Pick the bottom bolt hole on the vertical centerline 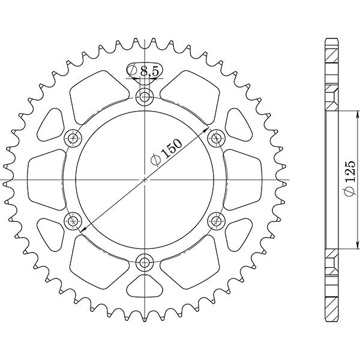coord(145,261)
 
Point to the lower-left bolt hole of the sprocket coord(74,220)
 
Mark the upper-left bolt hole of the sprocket coord(74,138)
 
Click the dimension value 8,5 coord(148,72)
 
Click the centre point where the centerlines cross coord(145,179)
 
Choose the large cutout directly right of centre coord(243,179)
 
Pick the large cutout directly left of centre coord(47,179)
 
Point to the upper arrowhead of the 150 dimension coord(206,130)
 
